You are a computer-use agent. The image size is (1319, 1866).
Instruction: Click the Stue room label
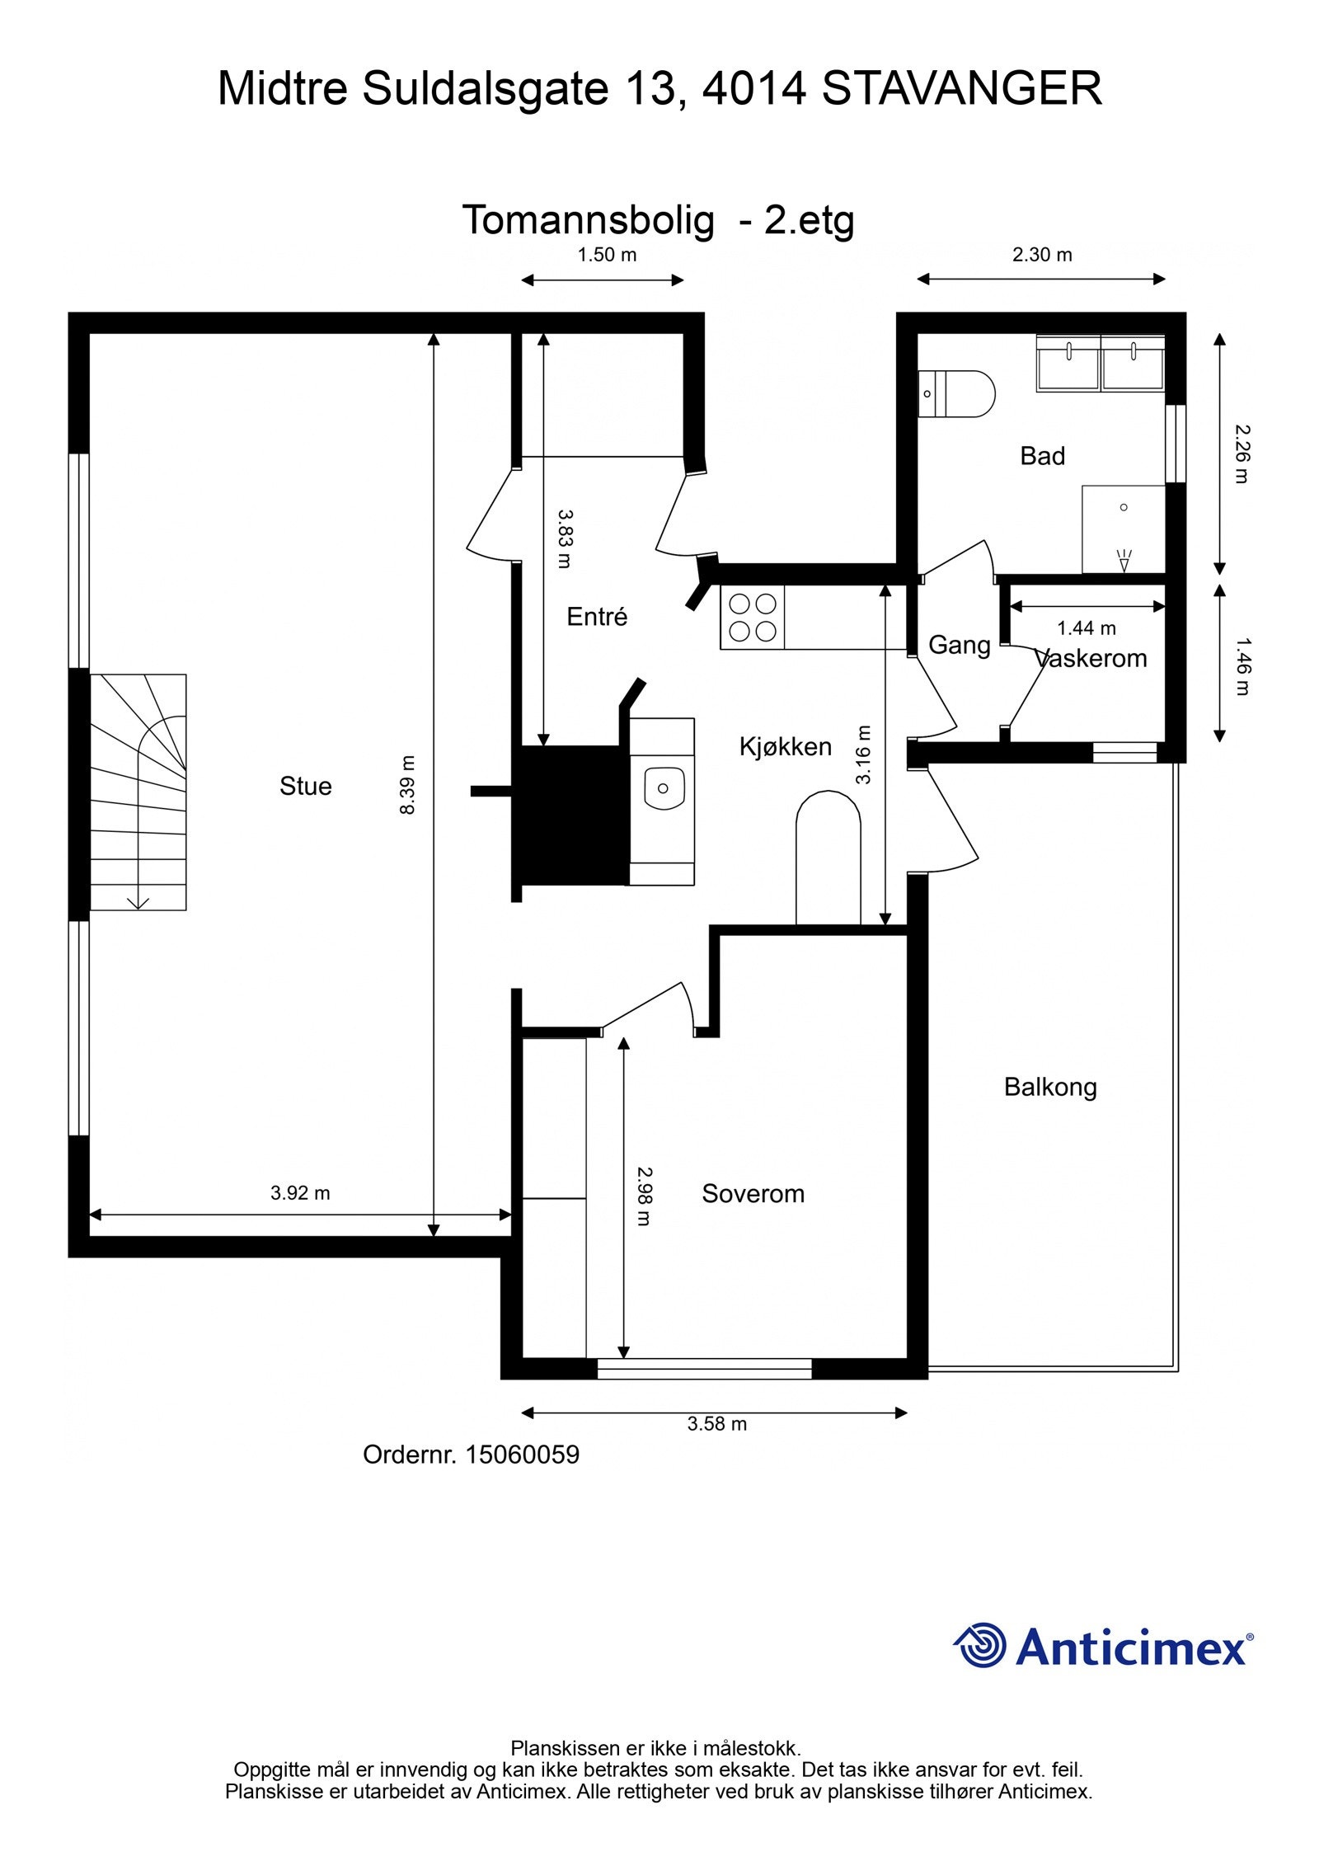click(305, 786)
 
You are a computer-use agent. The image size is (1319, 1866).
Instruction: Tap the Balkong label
click(1049, 1087)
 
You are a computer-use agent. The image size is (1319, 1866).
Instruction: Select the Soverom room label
click(753, 1193)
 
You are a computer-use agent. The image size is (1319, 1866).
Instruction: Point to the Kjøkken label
click(785, 746)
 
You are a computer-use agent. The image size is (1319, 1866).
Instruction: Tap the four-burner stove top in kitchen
click(752, 617)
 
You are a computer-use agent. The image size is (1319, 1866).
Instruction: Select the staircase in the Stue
click(138, 792)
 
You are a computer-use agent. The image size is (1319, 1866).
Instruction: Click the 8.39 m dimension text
click(407, 784)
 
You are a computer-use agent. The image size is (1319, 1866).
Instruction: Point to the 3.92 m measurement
click(300, 1193)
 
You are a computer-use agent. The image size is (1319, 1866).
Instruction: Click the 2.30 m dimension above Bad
click(1042, 255)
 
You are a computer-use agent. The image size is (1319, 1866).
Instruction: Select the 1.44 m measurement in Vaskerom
click(1087, 628)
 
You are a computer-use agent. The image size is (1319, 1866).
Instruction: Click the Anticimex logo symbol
click(980, 1645)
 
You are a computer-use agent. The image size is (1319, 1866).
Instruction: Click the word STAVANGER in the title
click(961, 89)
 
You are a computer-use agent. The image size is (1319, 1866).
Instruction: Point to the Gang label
click(959, 645)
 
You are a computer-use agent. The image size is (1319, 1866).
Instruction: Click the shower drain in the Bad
click(1123, 507)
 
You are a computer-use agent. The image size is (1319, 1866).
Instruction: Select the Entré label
click(597, 617)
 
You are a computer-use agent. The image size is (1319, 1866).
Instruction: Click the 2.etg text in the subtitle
click(809, 220)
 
